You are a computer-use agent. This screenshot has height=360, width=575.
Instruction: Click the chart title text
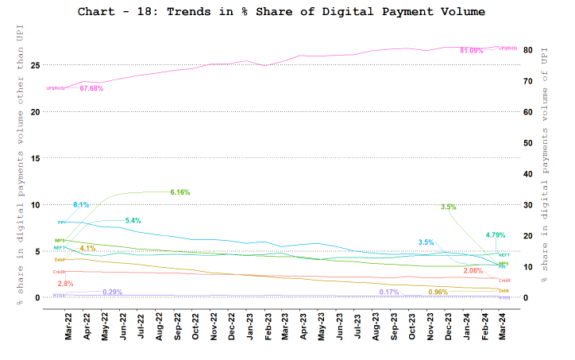pyautogui.click(x=280, y=12)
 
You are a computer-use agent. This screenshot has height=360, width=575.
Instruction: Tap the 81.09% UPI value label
pyautogui.click(x=472, y=50)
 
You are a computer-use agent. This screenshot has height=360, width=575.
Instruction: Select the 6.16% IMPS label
pyautogui.click(x=180, y=192)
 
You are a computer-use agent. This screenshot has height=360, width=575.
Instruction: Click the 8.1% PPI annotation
pyautogui.click(x=81, y=205)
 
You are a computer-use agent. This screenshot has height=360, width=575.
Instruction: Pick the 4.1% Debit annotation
pyautogui.click(x=87, y=248)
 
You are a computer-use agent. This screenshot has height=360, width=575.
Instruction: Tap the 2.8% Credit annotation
pyautogui.click(x=65, y=284)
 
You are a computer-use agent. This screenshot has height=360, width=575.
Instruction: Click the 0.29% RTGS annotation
pyautogui.click(x=112, y=292)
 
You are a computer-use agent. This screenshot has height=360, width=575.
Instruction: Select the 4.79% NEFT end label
pyautogui.click(x=496, y=234)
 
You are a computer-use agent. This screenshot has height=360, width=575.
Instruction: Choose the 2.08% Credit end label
pyautogui.click(x=473, y=271)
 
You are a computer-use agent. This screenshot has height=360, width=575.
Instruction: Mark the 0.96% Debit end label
pyautogui.click(x=438, y=292)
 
